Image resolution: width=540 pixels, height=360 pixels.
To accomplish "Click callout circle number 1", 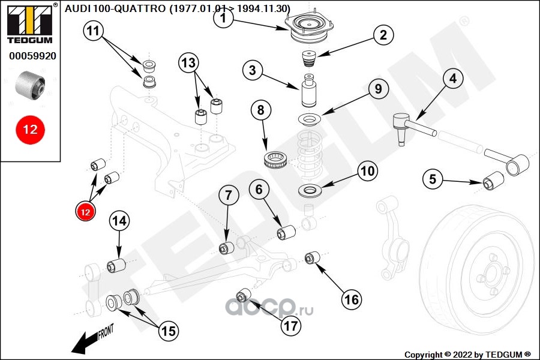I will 223,19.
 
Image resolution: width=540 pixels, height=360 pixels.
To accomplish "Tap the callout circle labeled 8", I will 261,111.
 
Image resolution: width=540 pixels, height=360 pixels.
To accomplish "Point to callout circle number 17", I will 291,326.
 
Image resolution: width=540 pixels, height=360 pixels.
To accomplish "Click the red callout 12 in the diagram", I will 85,212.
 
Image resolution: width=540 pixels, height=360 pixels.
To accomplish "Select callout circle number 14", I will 119,221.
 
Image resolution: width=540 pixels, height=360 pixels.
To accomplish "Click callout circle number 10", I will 368,171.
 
